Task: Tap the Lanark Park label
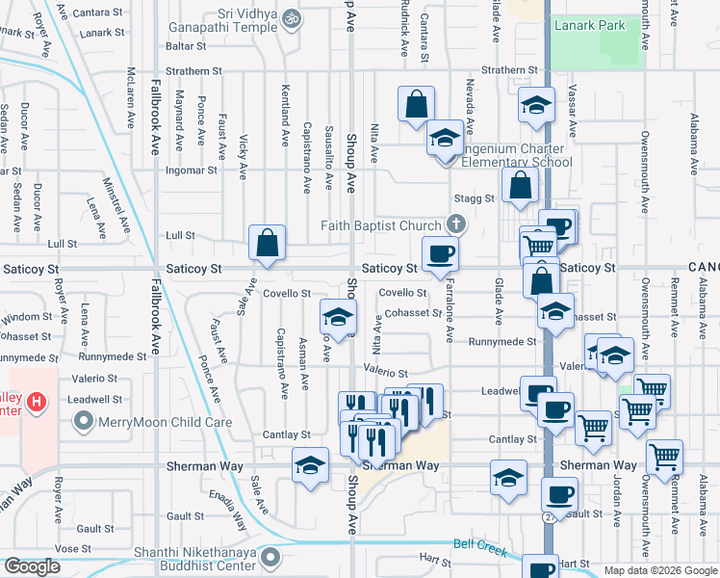(589, 26)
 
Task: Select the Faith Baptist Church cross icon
(456, 226)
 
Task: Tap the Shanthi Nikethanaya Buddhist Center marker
(273, 556)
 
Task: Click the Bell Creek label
(479, 545)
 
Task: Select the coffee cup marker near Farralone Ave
(440, 254)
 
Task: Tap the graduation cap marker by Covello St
(338, 316)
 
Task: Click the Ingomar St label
(192, 171)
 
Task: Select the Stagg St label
(481, 198)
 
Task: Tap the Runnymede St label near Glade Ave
(501, 341)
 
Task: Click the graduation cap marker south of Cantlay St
(309, 467)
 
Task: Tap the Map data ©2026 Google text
(659, 570)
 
